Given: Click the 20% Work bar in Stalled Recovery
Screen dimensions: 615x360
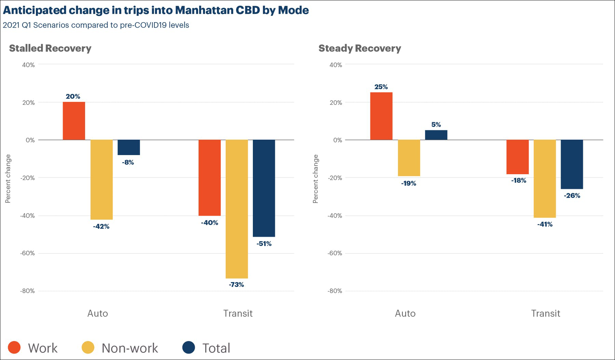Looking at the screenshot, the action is tap(74, 121).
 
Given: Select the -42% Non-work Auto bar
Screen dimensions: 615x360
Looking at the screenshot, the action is tap(101, 180).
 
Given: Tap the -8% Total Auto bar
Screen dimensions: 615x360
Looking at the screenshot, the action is tap(129, 148).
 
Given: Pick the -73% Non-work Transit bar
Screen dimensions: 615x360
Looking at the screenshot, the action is tap(237, 209).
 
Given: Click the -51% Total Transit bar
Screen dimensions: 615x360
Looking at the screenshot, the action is tap(264, 188).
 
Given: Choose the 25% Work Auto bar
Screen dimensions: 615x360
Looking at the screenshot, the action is tap(381, 116).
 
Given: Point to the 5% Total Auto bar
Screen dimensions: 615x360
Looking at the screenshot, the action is tap(436, 135).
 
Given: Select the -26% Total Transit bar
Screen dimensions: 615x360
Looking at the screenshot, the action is tap(572, 164).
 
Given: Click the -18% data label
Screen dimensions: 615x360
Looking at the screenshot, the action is tap(519, 180).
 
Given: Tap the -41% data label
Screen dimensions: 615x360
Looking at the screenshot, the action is tap(545, 224).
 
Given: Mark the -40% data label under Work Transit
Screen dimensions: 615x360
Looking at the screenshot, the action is tap(209, 223).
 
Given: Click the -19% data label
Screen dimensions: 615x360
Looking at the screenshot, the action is tap(409, 183).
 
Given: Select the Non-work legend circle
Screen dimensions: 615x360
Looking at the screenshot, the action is tap(88, 347).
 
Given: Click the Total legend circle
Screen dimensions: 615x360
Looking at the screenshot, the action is tap(189, 347).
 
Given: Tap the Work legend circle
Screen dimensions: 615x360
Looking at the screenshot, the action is tap(14, 347).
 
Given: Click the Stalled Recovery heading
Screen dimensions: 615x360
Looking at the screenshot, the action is tap(50, 49).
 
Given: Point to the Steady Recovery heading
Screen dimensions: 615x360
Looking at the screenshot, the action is tap(360, 49).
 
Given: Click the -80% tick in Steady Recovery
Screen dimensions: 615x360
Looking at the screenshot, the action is tap(335, 291).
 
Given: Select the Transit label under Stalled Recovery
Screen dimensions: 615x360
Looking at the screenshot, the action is tap(238, 313).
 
